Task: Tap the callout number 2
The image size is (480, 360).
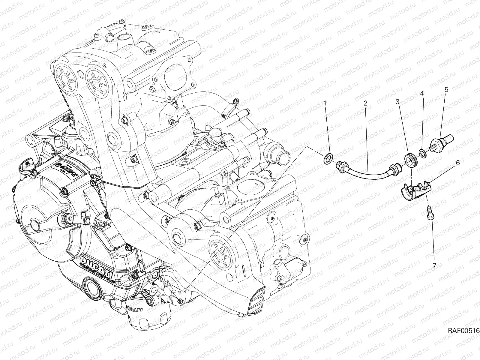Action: pyautogui.click(x=365, y=103)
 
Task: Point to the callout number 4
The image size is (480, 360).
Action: pyautogui.click(x=422, y=93)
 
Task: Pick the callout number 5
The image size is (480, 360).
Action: pyautogui.click(x=446, y=89)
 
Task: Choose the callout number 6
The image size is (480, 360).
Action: pyautogui.click(x=457, y=163)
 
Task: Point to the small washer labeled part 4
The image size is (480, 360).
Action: pyautogui.click(x=423, y=153)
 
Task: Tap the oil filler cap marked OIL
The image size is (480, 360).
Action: pyautogui.click(x=26, y=165)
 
